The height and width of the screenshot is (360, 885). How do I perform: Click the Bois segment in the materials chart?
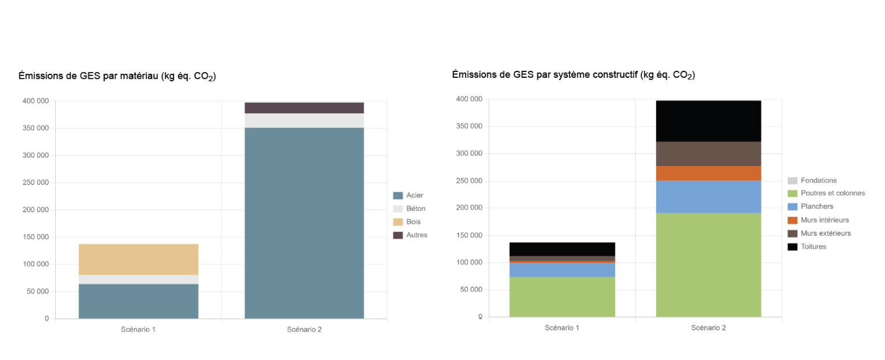point(138,259)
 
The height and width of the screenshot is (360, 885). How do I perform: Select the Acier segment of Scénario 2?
point(304,223)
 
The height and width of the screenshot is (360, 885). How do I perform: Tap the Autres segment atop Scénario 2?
point(304,108)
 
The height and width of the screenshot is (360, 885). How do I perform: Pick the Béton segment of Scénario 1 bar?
point(138,279)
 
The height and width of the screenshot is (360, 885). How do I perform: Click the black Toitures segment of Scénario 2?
point(708,121)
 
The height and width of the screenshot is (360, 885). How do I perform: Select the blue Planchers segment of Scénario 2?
point(708,197)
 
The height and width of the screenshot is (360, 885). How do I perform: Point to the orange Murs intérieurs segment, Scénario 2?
point(708,173)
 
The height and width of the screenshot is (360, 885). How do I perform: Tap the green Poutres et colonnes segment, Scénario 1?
point(562,297)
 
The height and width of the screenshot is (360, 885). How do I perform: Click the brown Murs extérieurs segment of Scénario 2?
point(708,154)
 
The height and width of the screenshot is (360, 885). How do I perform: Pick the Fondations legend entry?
point(818,181)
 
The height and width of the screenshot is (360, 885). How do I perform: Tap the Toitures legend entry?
point(813,247)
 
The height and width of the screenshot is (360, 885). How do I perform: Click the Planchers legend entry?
point(816,207)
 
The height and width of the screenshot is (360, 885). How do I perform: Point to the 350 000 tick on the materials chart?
point(35,128)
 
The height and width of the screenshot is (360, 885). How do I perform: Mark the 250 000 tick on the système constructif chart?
point(469,181)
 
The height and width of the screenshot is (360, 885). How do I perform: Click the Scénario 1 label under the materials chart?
point(138,330)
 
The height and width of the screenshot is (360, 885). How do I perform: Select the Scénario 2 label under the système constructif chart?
point(708,327)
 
